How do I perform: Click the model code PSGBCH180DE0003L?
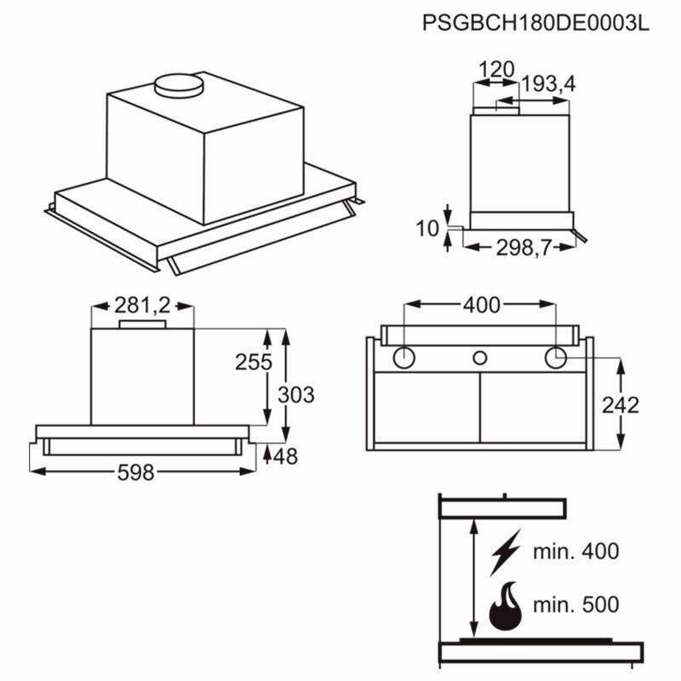pyautogui.click(x=535, y=23)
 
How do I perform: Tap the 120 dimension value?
pyautogui.click(x=495, y=69)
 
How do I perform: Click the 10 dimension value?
pyautogui.click(x=428, y=228)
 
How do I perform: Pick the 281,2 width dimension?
pyautogui.click(x=142, y=306)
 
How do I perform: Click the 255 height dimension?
pyautogui.click(x=254, y=362)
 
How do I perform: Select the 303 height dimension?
pyautogui.click(x=296, y=395)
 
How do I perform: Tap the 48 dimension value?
pyautogui.click(x=286, y=456)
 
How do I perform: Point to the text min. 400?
pyautogui.click(x=575, y=551)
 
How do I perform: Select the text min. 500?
pyautogui.click(x=575, y=605)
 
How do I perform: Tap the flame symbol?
pyautogui.click(x=505, y=606)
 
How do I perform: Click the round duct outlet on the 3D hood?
pyautogui.click(x=180, y=83)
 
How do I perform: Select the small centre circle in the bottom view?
pyautogui.click(x=480, y=358)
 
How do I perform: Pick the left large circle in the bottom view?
pyautogui.click(x=404, y=358)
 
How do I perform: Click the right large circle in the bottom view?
pyautogui.click(x=556, y=358)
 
